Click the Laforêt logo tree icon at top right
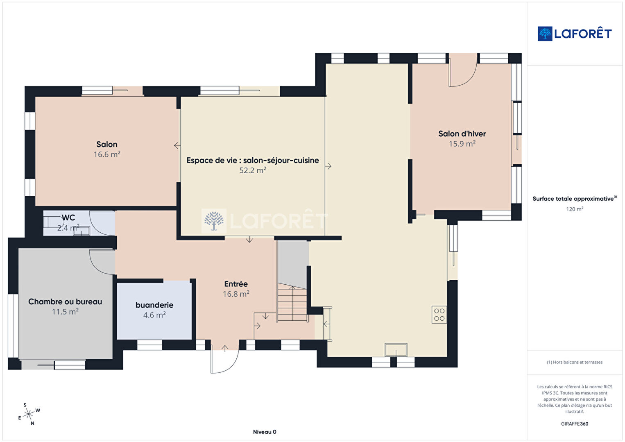(545, 34)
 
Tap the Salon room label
(107, 144)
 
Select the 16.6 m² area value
(107, 154)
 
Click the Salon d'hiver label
(462, 134)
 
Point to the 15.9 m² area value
(462, 143)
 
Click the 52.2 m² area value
(253, 170)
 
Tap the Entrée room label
(236, 284)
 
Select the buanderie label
(154, 305)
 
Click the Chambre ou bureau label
(65, 301)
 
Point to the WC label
(68, 218)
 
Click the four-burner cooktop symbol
(439, 315)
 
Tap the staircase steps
(292, 302)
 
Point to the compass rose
(29, 414)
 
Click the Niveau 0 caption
(265, 432)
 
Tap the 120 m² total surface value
(575, 209)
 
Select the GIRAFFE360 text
(575, 424)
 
